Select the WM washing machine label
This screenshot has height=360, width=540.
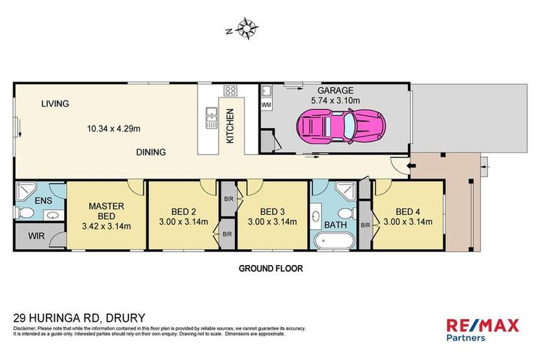(266, 105)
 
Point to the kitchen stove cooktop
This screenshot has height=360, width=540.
(229, 91)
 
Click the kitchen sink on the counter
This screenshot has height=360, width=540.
(210, 118)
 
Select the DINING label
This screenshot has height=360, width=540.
(151, 152)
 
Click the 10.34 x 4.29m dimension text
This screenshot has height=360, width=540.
(114, 129)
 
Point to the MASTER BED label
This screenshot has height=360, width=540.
(107, 211)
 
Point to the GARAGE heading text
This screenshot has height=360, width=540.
(335, 91)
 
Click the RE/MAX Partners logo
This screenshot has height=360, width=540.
(483, 329)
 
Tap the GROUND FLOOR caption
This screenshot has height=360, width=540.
(270, 268)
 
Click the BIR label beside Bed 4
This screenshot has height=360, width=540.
(365, 225)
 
